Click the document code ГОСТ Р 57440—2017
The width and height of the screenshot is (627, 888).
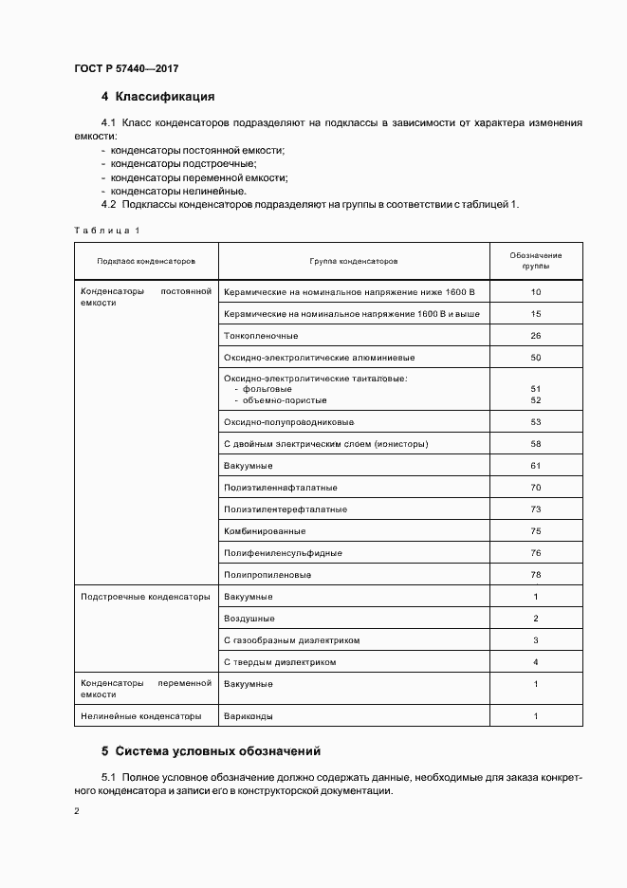click(x=126, y=68)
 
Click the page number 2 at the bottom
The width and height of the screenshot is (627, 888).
click(x=77, y=812)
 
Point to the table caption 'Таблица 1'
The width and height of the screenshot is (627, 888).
click(x=106, y=230)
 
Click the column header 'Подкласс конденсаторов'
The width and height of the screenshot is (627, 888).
click(x=146, y=261)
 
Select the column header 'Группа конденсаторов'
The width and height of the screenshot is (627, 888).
click(x=354, y=261)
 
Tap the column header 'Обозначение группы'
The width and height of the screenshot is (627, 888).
click(x=536, y=261)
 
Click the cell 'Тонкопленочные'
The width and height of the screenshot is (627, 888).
click(x=261, y=336)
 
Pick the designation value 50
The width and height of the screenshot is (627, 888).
click(x=536, y=358)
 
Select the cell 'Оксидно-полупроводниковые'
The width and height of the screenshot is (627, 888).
click(x=288, y=422)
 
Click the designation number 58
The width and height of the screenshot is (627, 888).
click(x=536, y=444)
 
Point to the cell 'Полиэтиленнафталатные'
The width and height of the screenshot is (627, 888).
click(x=281, y=488)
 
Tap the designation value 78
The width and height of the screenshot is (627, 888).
click(x=536, y=575)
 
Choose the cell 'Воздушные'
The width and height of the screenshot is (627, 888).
click(x=249, y=619)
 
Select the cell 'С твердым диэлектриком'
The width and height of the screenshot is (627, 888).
click(x=280, y=662)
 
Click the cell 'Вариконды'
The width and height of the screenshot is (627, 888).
click(x=248, y=716)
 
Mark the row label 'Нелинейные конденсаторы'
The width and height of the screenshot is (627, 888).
click(x=141, y=716)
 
